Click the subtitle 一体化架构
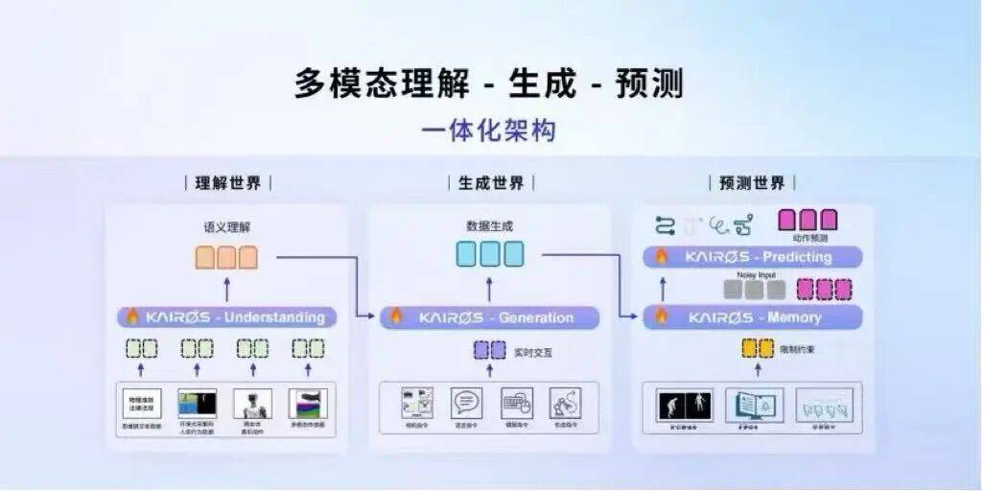pos(489,130)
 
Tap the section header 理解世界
pos(228,183)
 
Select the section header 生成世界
pos(491,183)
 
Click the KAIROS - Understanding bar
pos(227,316)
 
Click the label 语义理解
pos(227,227)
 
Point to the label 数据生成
pos(489,227)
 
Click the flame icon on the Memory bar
pos(660,316)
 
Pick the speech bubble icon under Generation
pos(467,403)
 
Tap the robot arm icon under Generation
pos(565,403)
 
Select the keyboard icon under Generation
pos(517,403)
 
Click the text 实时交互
pos(533,352)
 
